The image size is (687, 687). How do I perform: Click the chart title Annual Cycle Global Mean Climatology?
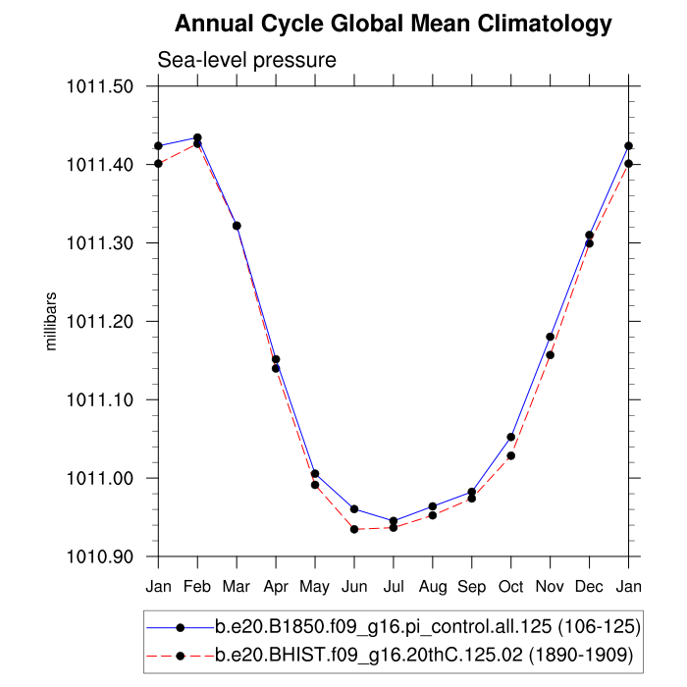point(393,24)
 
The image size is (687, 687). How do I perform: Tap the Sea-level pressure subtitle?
point(247,60)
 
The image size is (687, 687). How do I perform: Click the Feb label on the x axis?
point(197,586)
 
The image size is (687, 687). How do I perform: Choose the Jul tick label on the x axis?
point(394,586)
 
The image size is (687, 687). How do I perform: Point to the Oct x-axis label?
point(511,586)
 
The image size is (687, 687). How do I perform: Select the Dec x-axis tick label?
point(590,586)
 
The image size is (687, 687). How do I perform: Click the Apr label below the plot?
point(276,586)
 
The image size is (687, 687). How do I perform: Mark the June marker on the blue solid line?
point(354,508)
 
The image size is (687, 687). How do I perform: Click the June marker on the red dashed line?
point(354,529)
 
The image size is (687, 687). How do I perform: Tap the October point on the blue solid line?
point(511,437)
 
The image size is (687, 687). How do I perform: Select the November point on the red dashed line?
point(551,354)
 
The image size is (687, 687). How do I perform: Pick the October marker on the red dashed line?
point(511,455)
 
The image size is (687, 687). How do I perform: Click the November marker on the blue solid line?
point(551,337)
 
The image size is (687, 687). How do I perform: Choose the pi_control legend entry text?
point(427,626)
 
